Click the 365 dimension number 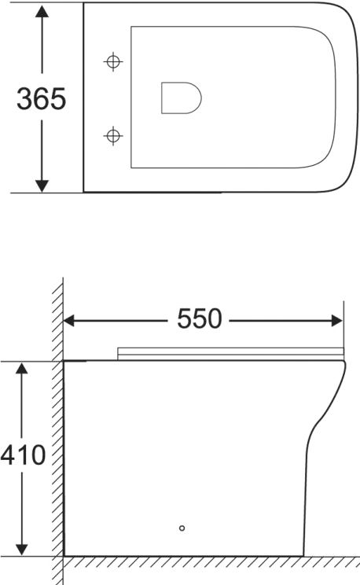tap(42, 100)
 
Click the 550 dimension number tap(200, 319)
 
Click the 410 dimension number tap(23, 455)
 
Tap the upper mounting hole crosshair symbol tap(114, 61)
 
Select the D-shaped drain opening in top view tap(180, 97)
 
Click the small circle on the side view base tap(182, 528)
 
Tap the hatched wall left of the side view tap(57, 440)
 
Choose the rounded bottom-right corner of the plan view tap(340, 179)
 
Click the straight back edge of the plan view tap(83, 98)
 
